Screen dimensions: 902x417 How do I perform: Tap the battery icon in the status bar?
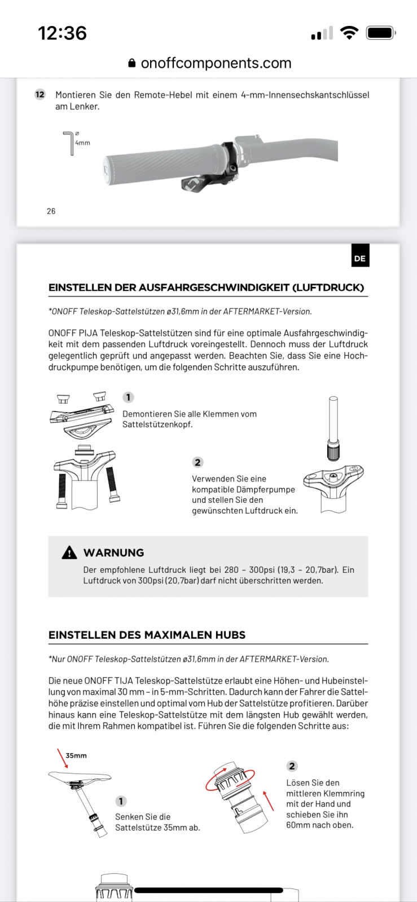click(381, 33)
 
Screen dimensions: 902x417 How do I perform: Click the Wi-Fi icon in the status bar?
click(350, 33)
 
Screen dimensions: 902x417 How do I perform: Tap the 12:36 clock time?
click(62, 33)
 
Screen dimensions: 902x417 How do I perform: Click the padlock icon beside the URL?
click(132, 63)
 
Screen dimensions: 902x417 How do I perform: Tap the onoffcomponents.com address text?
click(216, 63)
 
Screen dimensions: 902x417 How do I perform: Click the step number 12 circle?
click(40, 94)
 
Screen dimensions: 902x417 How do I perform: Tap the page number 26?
click(51, 211)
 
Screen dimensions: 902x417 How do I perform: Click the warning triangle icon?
click(69, 552)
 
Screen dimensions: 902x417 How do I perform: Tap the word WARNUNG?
click(113, 552)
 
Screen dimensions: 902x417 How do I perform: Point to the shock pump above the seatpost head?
click(333, 428)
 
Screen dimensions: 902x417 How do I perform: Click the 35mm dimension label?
click(76, 755)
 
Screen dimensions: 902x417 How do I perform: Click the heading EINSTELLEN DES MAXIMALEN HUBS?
click(147, 635)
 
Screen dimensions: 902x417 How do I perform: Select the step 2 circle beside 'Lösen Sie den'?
click(292, 766)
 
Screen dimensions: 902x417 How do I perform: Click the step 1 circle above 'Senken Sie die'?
click(121, 801)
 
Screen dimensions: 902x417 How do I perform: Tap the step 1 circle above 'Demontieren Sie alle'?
click(128, 397)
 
